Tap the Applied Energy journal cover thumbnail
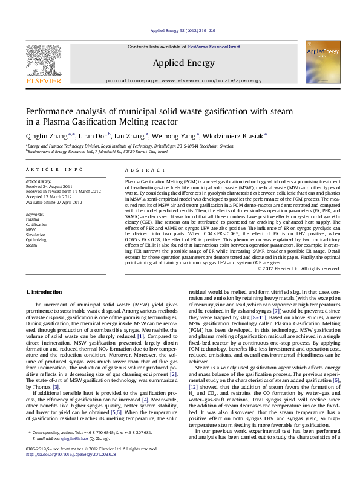tap(321, 62)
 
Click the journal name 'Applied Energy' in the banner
tap(183, 63)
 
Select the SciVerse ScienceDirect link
tap(214, 47)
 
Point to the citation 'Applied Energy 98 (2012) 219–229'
tap(182, 30)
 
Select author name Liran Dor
tap(93, 136)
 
